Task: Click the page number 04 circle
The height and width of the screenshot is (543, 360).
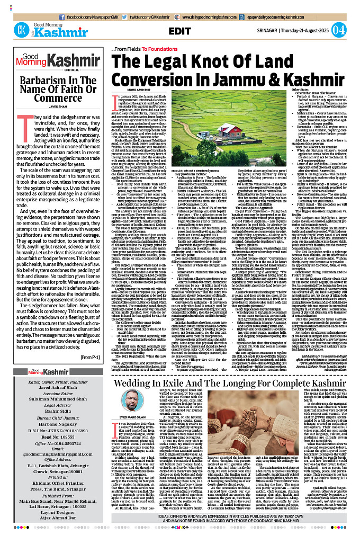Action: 347,29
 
